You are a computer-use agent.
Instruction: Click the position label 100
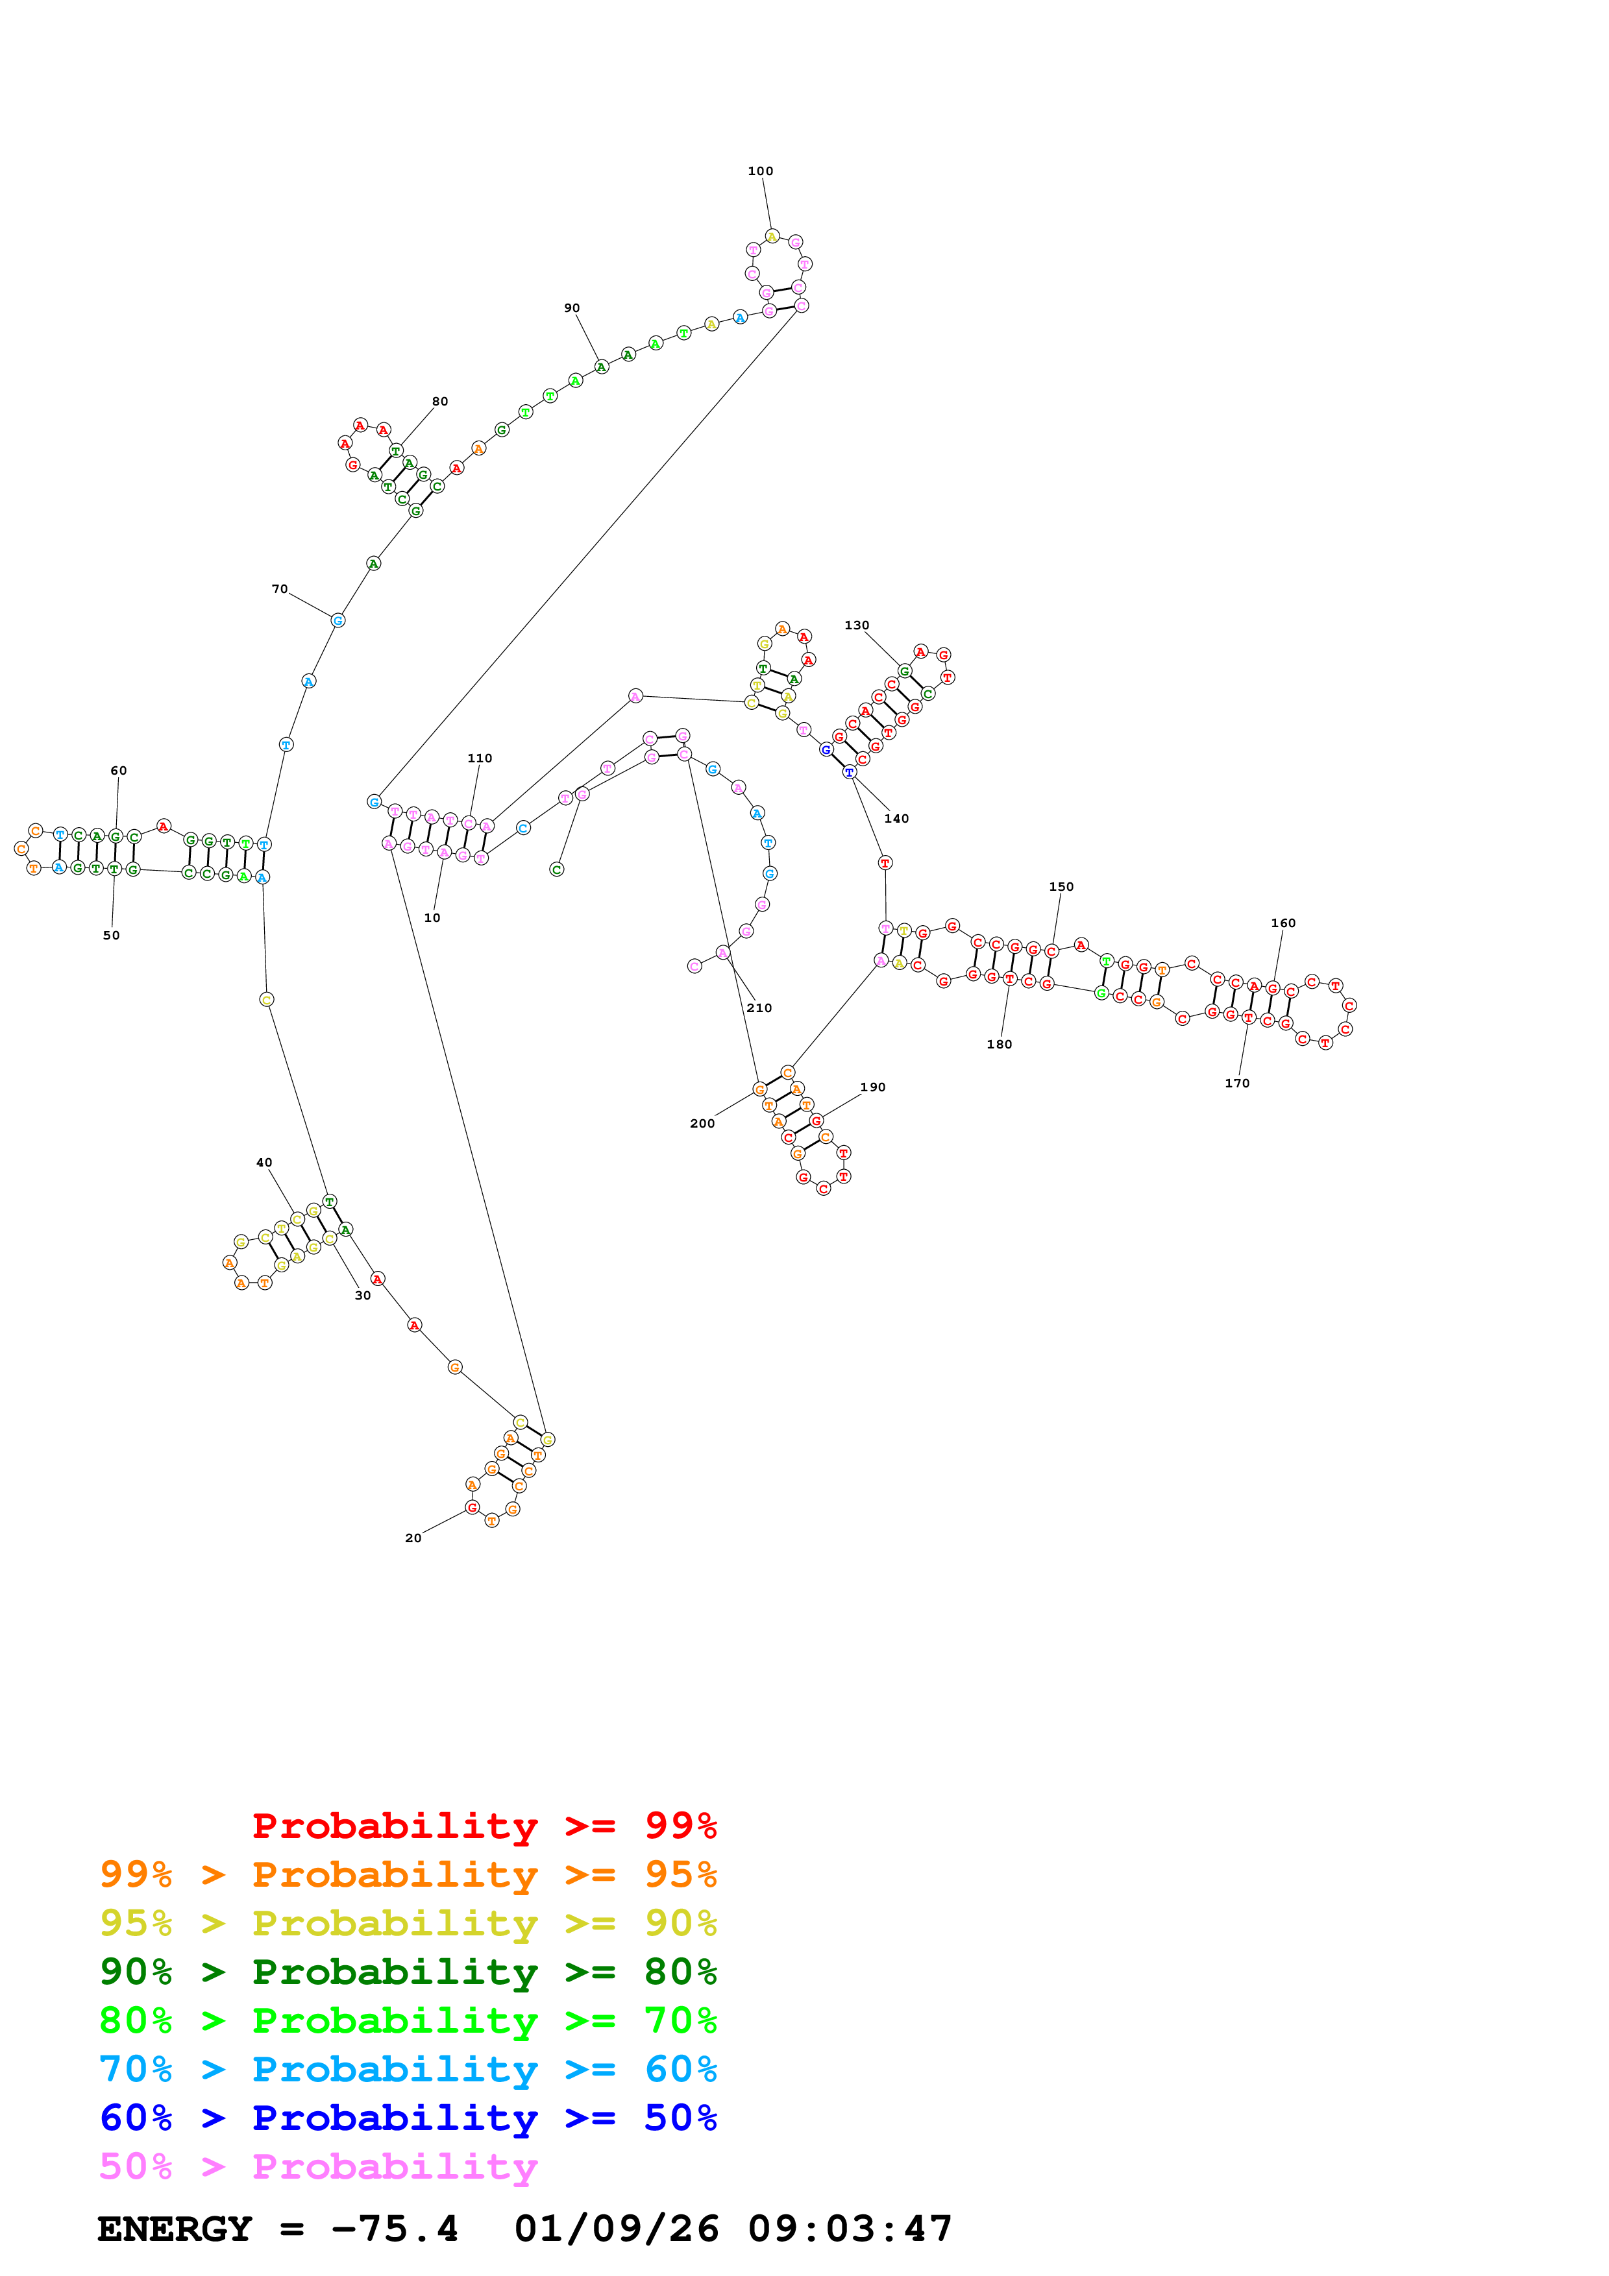pyautogui.click(x=761, y=171)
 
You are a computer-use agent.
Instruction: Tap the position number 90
pyautogui.click(x=572, y=308)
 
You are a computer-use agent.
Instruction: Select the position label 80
pyautogui.click(x=439, y=402)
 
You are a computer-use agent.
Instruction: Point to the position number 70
pyautogui.click(x=280, y=589)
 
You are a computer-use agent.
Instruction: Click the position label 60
pyautogui.click(x=118, y=770)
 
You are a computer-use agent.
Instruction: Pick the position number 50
pyautogui.click(x=111, y=935)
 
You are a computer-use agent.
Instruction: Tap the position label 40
pyautogui.click(x=264, y=1163)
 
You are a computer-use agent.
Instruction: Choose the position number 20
pyautogui.click(x=413, y=1538)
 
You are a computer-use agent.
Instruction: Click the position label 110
pyautogui.click(x=480, y=758)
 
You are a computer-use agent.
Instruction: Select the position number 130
pyautogui.click(x=857, y=625)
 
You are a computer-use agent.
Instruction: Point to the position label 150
pyautogui.click(x=1061, y=886)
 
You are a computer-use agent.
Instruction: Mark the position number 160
pyautogui.click(x=1283, y=923)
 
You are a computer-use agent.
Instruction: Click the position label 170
pyautogui.click(x=1236, y=1084)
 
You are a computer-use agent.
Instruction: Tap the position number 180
pyautogui.click(x=1000, y=1044)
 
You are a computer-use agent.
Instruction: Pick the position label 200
pyautogui.click(x=702, y=1123)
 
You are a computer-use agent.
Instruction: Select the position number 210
pyautogui.click(x=759, y=1008)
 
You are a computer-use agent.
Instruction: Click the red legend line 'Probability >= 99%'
pyautogui.click(x=484, y=1825)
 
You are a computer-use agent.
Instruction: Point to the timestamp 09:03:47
pyautogui.click(x=850, y=2229)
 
